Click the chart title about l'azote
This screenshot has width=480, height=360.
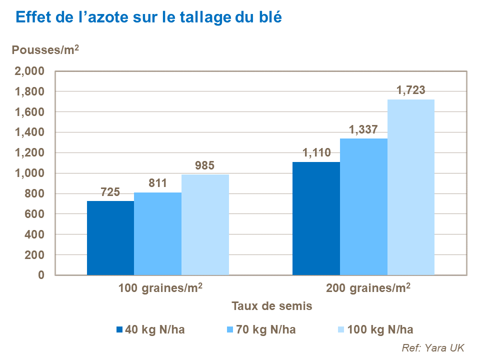[x=149, y=17]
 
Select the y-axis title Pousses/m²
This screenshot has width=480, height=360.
[x=45, y=50]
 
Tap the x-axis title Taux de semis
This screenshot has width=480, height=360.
[x=272, y=306]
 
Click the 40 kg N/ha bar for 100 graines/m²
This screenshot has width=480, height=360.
[x=110, y=238]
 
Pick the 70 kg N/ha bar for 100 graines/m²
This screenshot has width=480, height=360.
[x=157, y=233]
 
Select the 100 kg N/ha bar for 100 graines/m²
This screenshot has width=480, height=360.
[x=205, y=224]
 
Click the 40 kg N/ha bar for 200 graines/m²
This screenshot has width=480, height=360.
[x=316, y=218]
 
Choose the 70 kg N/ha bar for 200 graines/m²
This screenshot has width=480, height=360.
[x=363, y=206]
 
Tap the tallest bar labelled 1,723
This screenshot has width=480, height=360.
[x=411, y=187]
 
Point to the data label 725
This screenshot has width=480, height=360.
[x=110, y=192]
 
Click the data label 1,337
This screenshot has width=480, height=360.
[x=363, y=129]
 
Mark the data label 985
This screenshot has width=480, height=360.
[x=205, y=165]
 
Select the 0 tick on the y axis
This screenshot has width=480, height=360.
[x=41, y=275]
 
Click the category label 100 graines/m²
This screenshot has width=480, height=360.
[x=160, y=288]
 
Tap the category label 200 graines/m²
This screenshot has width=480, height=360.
[x=368, y=288]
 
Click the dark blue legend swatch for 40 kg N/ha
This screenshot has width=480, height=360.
[x=119, y=330]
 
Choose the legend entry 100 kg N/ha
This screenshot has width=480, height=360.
[x=380, y=329]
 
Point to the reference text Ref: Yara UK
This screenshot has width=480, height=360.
[x=433, y=348]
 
